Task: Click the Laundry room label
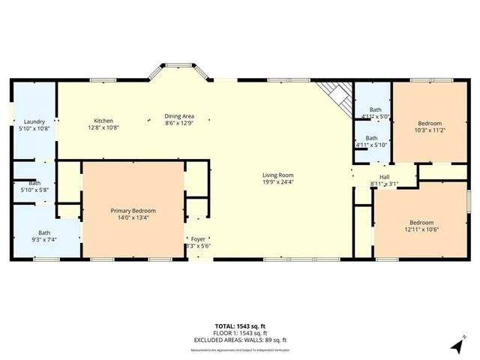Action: pyautogui.click(x=34, y=121)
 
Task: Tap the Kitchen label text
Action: pyautogui.click(x=103, y=121)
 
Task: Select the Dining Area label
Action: pyautogui.click(x=179, y=116)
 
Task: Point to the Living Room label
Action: pyautogui.click(x=277, y=175)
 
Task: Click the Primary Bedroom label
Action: pyautogui.click(x=133, y=211)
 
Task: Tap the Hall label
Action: pyautogui.click(x=384, y=177)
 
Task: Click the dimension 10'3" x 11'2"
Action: pyautogui.click(x=430, y=130)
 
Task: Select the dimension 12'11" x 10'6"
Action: pyautogui.click(x=421, y=229)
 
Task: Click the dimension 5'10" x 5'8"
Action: pyautogui.click(x=34, y=190)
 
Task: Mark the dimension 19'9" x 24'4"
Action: pyautogui.click(x=277, y=181)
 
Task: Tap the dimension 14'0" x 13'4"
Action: pyautogui.click(x=133, y=218)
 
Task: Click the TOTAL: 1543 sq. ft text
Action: pyautogui.click(x=240, y=326)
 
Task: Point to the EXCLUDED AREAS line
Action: pyautogui.click(x=240, y=340)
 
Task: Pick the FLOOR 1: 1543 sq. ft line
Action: pyautogui.click(x=240, y=333)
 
